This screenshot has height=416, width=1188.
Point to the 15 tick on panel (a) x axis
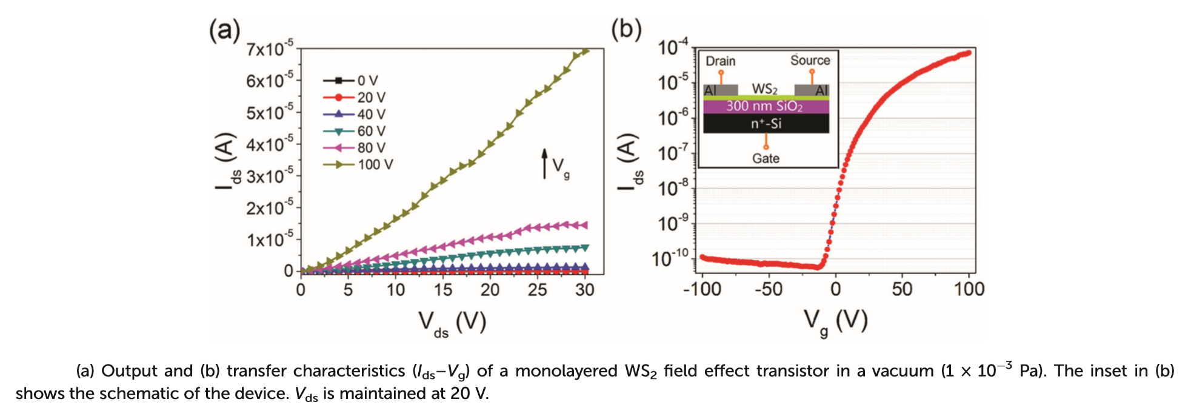click(442, 290)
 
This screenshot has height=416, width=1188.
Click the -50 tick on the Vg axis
click(768, 289)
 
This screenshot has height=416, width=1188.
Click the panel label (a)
click(224, 29)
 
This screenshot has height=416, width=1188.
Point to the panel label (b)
click(626, 29)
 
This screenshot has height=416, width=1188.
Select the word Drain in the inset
click(721, 61)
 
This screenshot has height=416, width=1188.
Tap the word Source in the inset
click(810, 61)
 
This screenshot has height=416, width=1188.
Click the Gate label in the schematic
click(766, 158)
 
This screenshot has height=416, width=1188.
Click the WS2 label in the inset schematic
click(765, 89)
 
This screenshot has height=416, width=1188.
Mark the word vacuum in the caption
click(903, 371)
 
